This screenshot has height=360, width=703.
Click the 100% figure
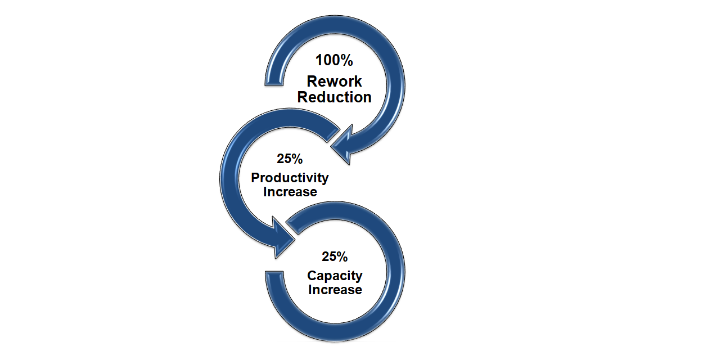pos(334,60)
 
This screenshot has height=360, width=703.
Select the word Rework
pos(335,82)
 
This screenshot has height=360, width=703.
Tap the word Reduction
pos(335,97)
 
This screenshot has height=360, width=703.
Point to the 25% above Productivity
pos(290,159)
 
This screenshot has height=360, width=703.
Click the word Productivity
pos(290,178)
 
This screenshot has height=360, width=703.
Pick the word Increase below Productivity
pos(290,192)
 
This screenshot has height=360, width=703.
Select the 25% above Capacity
pos(335,257)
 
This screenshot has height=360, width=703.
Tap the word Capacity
pos(335,276)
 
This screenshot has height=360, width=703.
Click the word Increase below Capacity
pos(335,290)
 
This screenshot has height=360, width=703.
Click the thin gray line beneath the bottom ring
pos(336,341)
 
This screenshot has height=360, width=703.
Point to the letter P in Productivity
pos(255,178)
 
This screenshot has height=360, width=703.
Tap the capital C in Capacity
pos(312,276)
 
